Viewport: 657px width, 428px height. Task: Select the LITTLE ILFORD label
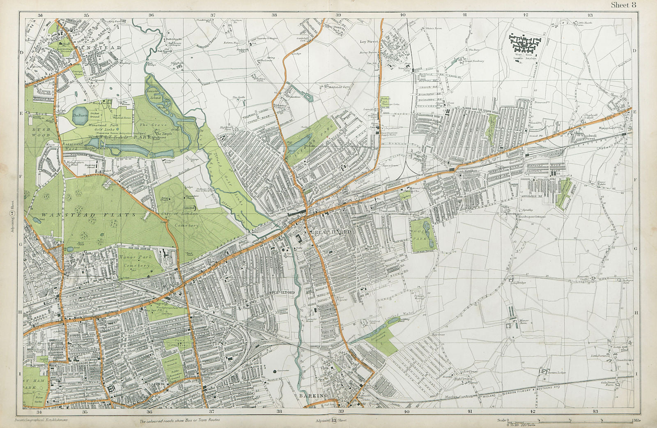click(x=281, y=292)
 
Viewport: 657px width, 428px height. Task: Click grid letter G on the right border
click(x=635, y=249)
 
